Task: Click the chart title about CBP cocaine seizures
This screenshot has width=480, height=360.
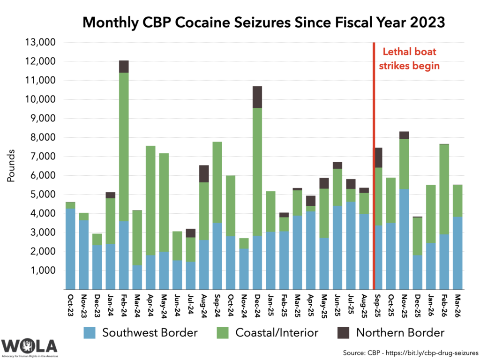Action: pyautogui.click(x=263, y=22)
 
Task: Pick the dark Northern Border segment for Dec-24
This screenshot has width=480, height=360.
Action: pyautogui.click(x=257, y=97)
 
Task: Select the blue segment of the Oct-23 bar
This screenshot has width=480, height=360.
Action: pyautogui.click(x=70, y=249)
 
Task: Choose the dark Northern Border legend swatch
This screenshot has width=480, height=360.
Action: pyautogui.click(x=344, y=333)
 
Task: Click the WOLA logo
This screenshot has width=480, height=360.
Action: pyautogui.click(x=30, y=346)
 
